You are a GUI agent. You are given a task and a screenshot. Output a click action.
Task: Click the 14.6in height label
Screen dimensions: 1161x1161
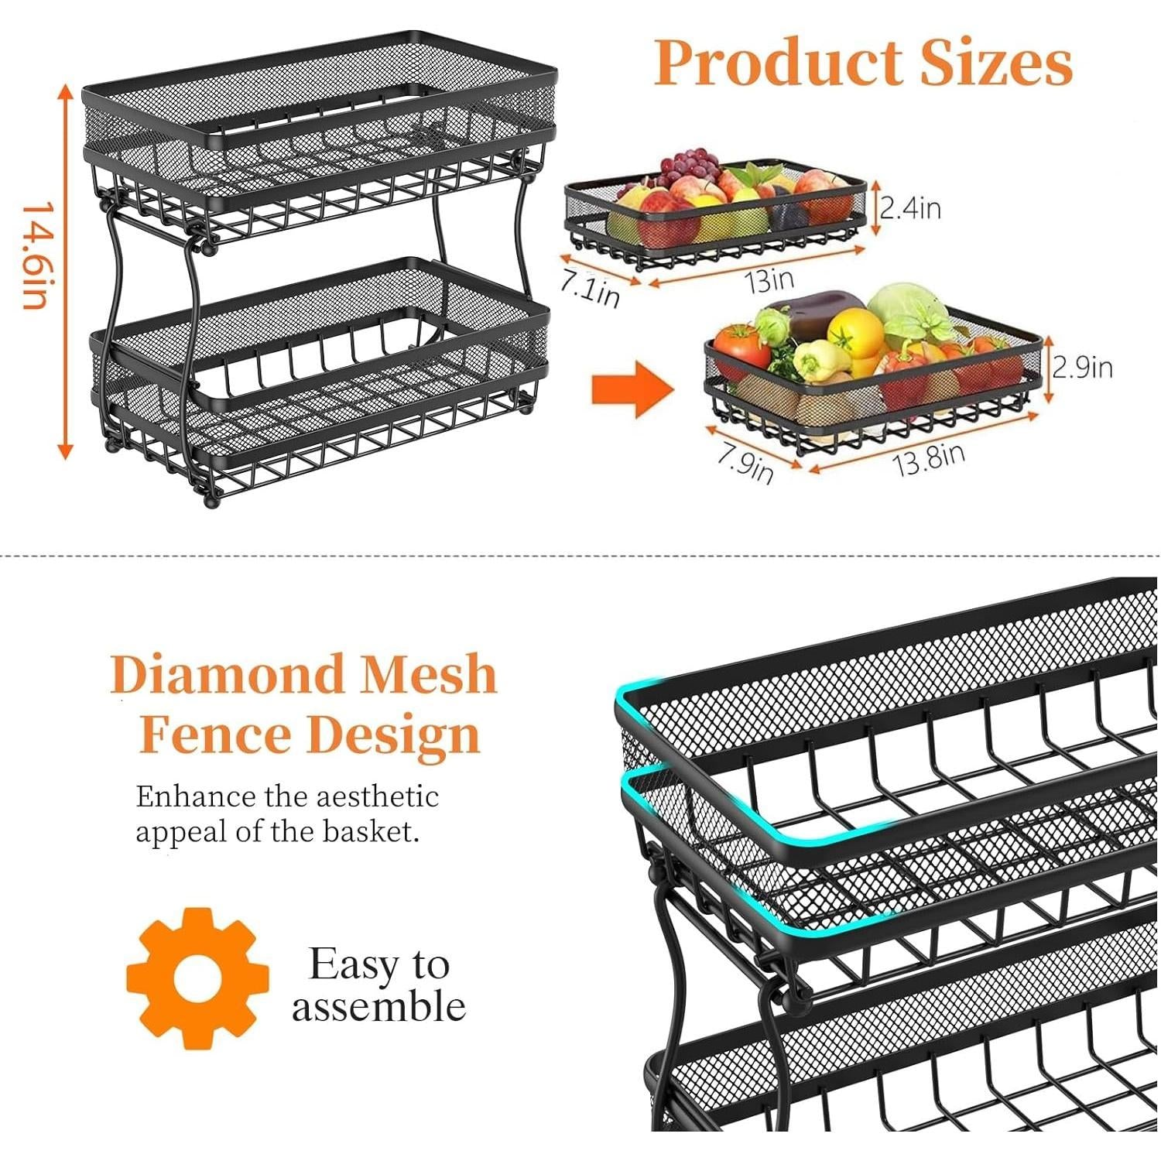click(x=37, y=256)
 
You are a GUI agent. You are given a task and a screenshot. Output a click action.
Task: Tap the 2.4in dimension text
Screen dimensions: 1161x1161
click(x=910, y=207)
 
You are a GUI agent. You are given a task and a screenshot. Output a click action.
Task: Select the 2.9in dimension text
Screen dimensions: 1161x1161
click(x=1082, y=367)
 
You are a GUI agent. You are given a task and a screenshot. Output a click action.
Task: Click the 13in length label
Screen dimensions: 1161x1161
click(x=769, y=280)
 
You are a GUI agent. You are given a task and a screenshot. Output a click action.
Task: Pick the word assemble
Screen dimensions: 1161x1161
click(x=378, y=1007)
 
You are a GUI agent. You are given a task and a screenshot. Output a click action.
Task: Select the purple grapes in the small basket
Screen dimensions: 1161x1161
click(x=688, y=165)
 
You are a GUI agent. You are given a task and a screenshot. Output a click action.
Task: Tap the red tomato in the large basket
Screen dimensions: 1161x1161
click(x=741, y=349)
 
